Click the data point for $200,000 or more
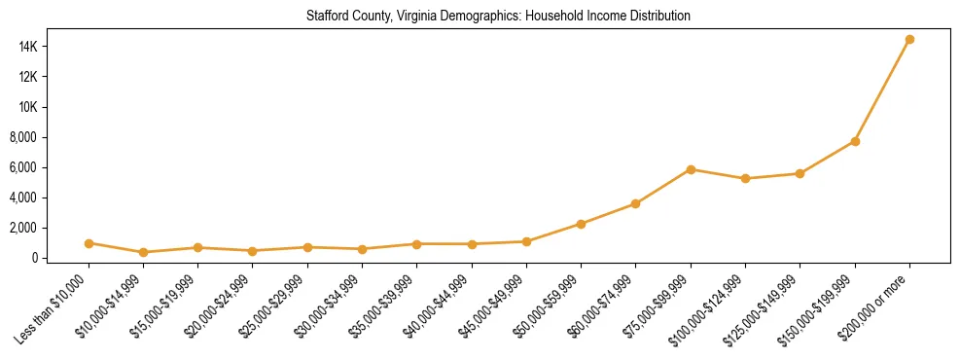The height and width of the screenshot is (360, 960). [909, 40]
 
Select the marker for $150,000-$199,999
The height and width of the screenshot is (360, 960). [855, 142]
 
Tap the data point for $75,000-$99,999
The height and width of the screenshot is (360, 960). [691, 169]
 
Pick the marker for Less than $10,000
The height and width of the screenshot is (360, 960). [89, 243]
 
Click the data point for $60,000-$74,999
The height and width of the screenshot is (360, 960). [636, 203]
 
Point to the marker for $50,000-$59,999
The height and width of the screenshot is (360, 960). [581, 224]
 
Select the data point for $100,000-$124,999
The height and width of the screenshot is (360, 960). [745, 179]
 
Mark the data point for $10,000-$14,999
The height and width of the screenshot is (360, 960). [143, 252]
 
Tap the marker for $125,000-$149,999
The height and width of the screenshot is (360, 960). [800, 173]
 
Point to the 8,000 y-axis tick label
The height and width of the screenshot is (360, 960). [49, 137]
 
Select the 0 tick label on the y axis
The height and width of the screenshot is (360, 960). [60, 258]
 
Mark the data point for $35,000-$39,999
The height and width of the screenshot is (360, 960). [417, 244]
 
